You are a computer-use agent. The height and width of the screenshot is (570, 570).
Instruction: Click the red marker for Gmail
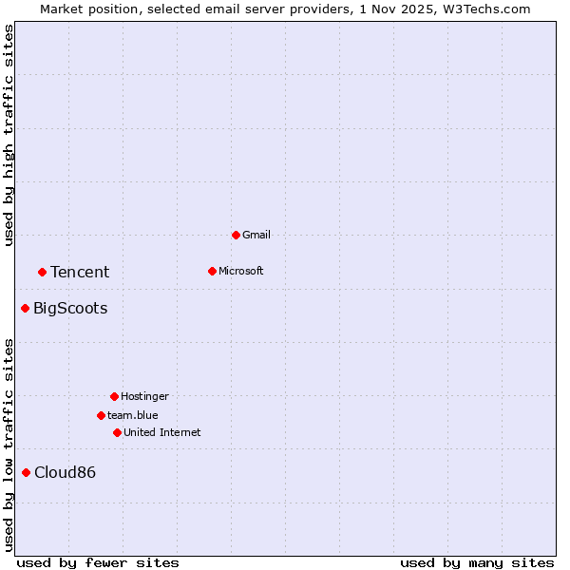tap(236, 235)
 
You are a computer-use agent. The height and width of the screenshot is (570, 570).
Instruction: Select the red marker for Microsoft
tap(212, 271)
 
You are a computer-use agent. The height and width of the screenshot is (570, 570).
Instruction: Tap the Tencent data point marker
tap(42, 272)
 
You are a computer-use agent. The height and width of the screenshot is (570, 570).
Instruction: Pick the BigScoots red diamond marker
tap(26, 308)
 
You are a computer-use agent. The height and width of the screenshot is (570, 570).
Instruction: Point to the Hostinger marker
tap(114, 396)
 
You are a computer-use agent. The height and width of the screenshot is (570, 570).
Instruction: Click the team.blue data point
tap(101, 415)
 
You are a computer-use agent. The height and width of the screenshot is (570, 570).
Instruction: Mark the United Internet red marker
tap(117, 432)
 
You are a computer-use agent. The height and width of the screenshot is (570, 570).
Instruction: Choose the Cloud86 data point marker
tap(26, 472)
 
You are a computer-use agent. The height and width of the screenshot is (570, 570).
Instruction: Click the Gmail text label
tap(256, 235)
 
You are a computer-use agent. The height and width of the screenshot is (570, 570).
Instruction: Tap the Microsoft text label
tap(241, 271)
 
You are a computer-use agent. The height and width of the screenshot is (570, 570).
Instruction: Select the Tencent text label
tap(80, 272)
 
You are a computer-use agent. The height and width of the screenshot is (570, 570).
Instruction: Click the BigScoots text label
tap(70, 308)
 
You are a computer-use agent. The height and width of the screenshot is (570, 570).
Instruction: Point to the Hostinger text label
tap(144, 396)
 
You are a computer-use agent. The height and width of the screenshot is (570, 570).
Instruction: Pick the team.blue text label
tap(133, 415)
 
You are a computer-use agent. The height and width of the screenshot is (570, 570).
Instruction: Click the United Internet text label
tap(162, 432)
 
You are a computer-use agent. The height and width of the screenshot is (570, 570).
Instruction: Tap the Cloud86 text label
tap(65, 472)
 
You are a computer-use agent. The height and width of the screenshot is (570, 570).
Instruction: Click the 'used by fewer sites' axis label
tap(98, 562)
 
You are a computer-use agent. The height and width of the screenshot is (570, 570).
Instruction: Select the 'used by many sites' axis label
tap(477, 562)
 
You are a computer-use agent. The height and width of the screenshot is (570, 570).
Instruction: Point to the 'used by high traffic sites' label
tap(9, 135)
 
